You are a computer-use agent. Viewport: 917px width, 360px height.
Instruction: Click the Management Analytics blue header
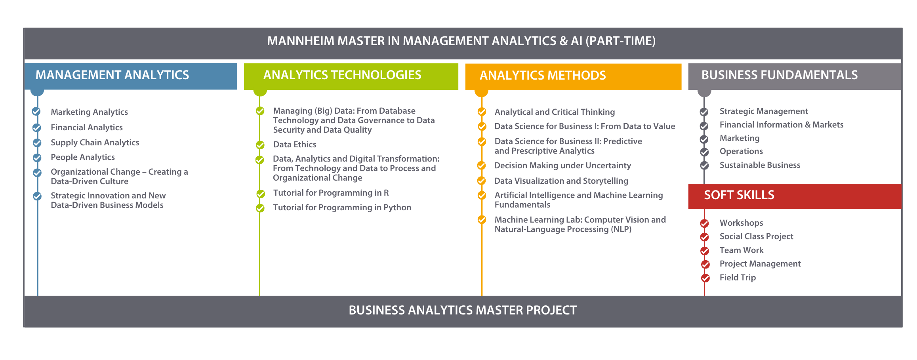pos(131,76)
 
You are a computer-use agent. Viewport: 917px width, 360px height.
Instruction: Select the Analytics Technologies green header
pos(351,76)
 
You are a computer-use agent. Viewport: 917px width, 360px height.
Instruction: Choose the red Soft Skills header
pos(795,196)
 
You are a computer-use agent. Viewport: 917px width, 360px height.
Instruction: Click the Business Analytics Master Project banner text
pos(463,310)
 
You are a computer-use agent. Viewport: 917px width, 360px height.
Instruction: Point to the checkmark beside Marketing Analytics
pos(36,112)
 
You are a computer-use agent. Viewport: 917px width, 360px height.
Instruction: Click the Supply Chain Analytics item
pos(95,143)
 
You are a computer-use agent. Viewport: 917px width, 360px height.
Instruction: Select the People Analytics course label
pos(83,157)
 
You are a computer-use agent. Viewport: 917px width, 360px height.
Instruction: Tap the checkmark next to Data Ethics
pos(260,145)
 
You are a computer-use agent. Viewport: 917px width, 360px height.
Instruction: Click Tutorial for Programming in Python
pos(342,208)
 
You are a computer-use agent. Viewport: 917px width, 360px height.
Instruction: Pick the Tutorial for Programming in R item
pos(331,193)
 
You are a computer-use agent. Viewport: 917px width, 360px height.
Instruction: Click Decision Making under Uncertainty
pos(562,166)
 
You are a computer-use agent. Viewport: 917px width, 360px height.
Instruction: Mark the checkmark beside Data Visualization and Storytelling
pos(482,181)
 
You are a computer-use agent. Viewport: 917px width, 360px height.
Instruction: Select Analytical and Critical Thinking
pos(555,112)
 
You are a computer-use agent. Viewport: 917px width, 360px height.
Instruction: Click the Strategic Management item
pos(764,111)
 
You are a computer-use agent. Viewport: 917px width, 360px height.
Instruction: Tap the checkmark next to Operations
pos(704,152)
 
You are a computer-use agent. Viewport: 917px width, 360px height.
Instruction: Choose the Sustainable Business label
pos(760,165)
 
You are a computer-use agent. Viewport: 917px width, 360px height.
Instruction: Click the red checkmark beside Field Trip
pos(705,278)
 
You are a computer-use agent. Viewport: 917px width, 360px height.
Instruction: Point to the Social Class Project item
pos(756,236)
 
